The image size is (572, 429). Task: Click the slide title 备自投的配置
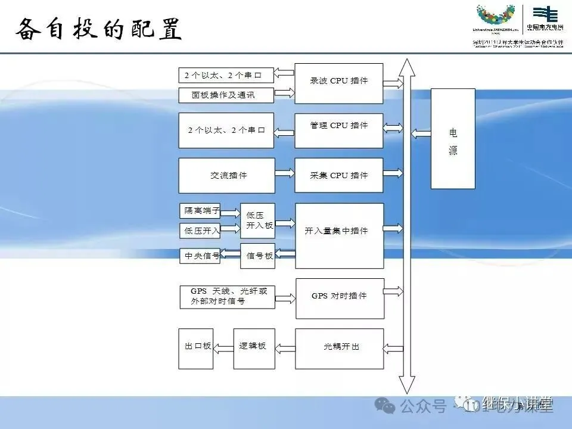[98, 29]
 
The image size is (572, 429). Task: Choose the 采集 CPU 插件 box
[338, 175]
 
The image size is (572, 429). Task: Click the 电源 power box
[453, 139]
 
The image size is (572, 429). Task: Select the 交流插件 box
[227, 175]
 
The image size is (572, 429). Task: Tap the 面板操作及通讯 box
[226, 95]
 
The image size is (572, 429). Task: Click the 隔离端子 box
[200, 211]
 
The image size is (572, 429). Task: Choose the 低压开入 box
[200, 231]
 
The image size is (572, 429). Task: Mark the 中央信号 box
[200, 256]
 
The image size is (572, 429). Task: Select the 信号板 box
[257, 256]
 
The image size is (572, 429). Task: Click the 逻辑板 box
[252, 347]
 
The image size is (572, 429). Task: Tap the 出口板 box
[195, 347]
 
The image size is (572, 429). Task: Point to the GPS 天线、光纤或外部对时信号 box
[227, 297]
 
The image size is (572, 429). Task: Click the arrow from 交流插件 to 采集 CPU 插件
[285, 173]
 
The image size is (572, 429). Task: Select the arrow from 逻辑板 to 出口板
[223, 347]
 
